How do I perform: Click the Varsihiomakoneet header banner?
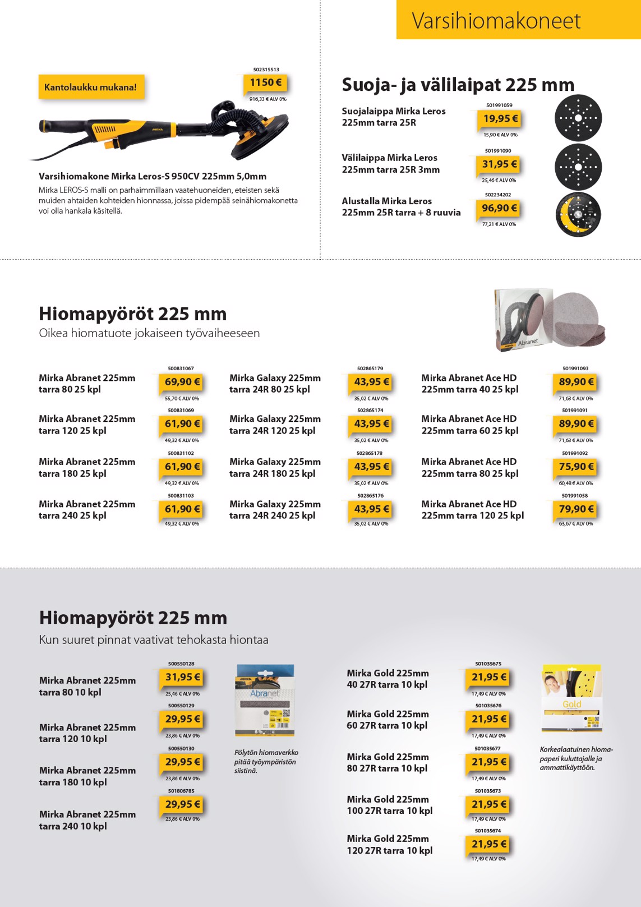518,20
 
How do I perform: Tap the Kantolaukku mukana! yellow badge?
91,88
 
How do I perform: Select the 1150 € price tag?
265,83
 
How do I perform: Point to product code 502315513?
266,70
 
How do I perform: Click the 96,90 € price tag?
499,208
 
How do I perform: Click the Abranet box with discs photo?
550,319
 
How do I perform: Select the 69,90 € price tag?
182,382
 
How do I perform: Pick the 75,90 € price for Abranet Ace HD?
575,467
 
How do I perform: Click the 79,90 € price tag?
575,509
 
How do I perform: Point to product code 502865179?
370,369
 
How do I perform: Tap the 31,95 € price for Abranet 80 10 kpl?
182,678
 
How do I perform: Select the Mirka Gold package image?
571,698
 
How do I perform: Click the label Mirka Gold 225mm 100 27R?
389,805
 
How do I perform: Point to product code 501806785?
181,791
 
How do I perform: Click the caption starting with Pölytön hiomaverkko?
266,761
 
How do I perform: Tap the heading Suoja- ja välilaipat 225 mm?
458,85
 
